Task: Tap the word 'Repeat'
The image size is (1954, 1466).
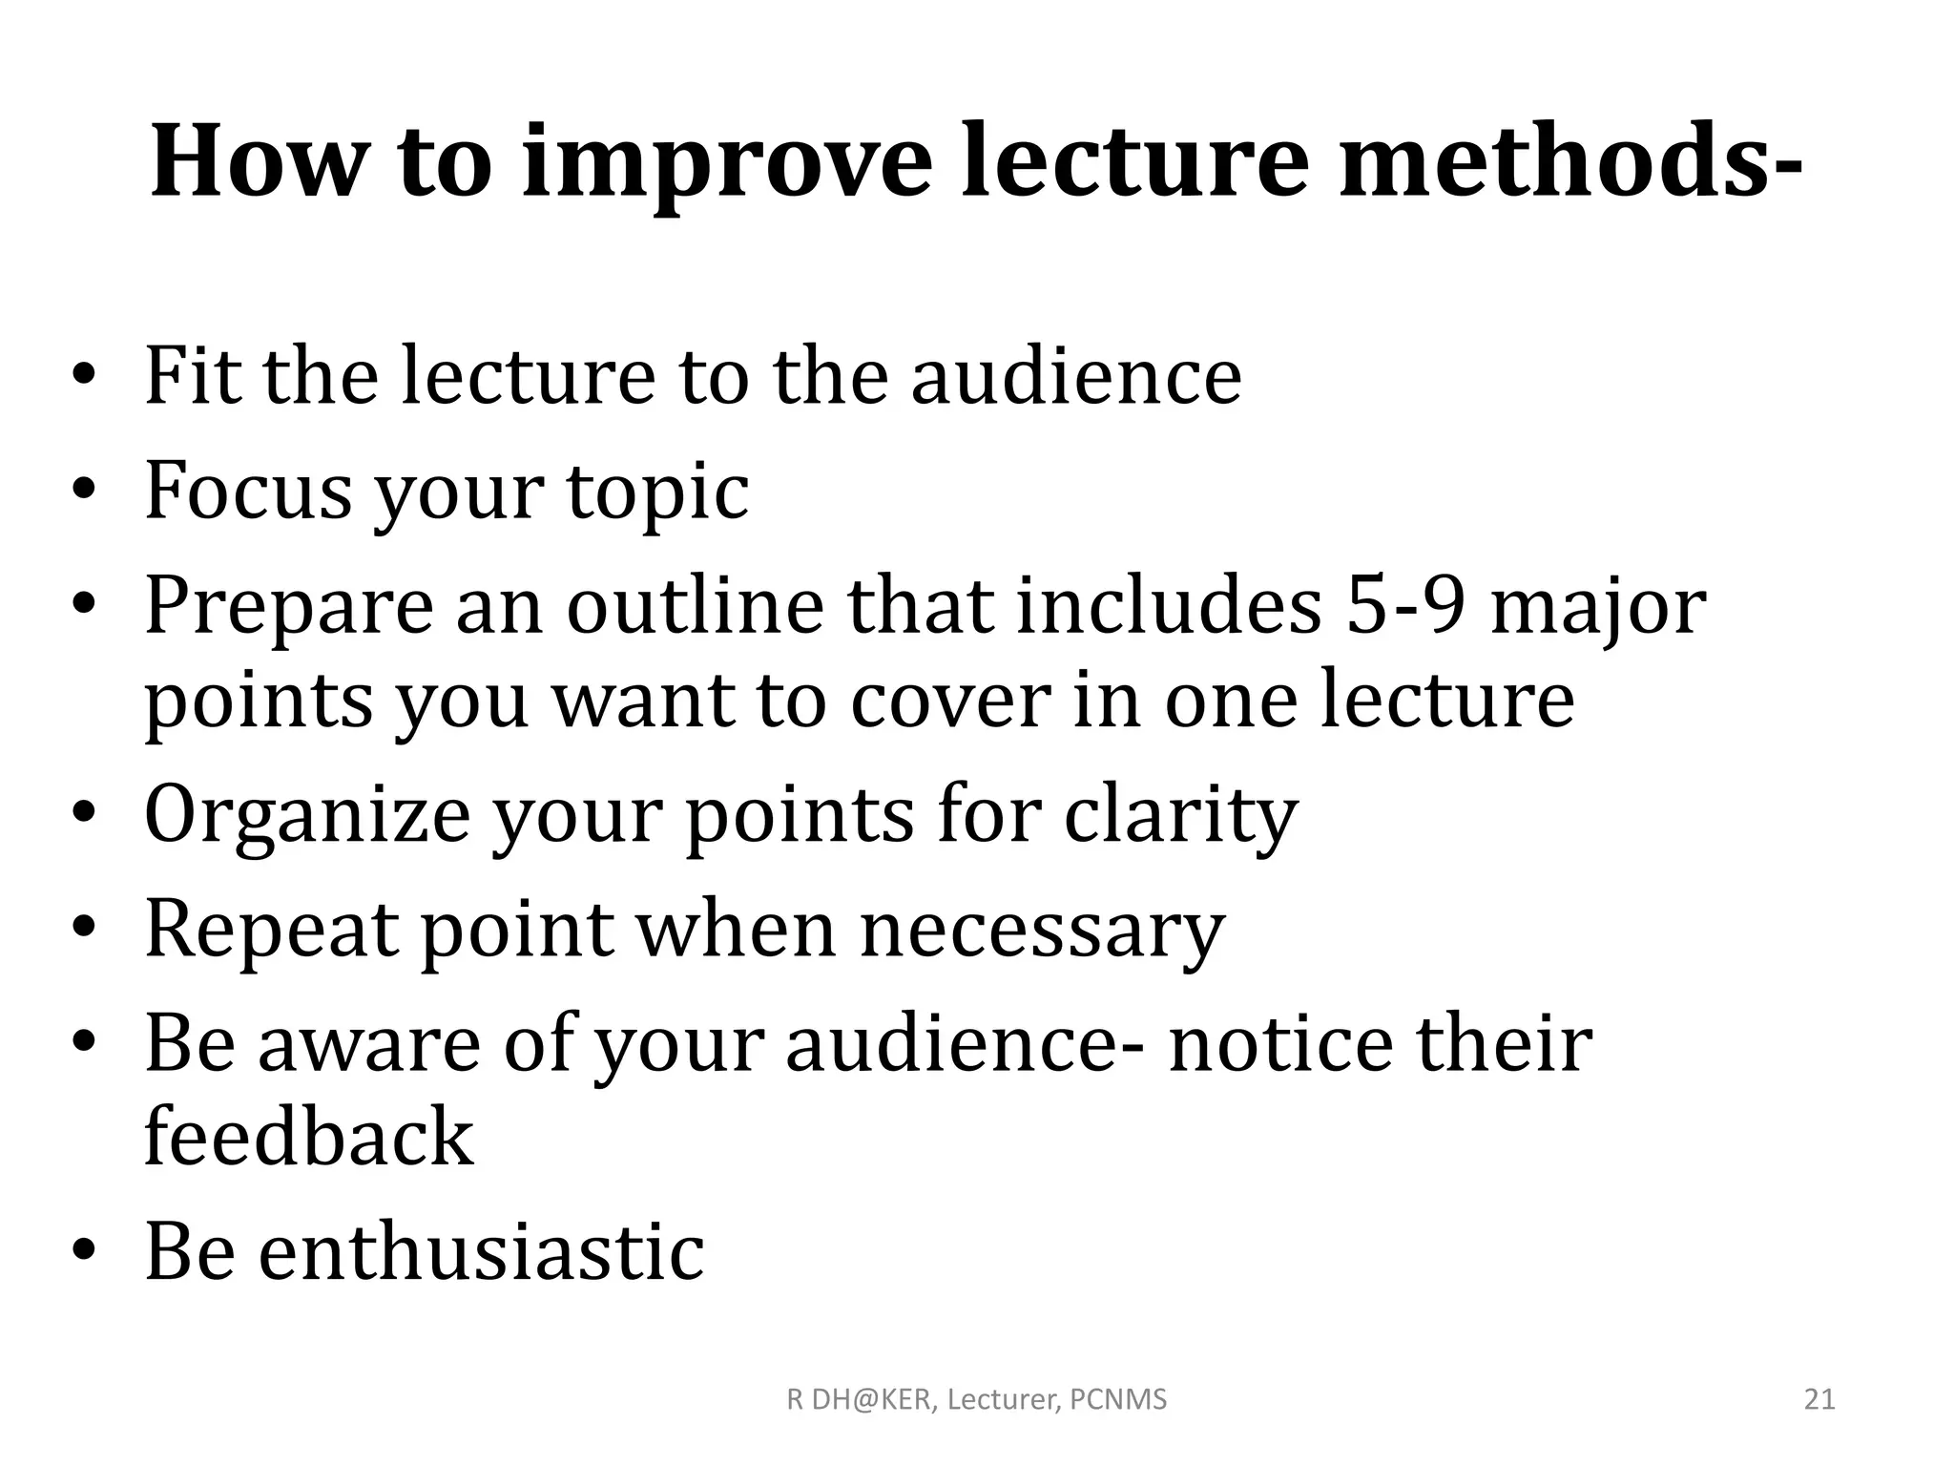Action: click(271, 931)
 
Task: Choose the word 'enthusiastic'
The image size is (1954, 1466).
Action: click(481, 1251)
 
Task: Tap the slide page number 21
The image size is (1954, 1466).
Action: click(1819, 1400)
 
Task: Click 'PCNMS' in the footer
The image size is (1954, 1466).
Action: click(1118, 1400)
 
